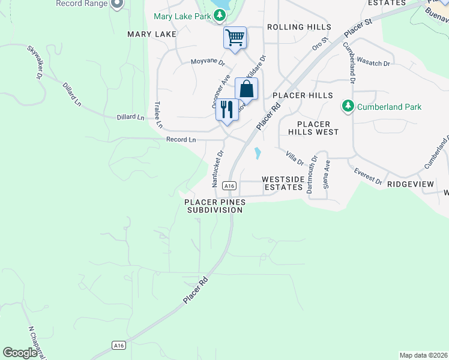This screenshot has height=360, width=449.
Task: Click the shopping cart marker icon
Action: pyautogui.click(x=235, y=38)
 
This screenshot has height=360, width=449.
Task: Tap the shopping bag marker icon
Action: pyautogui.click(x=246, y=89)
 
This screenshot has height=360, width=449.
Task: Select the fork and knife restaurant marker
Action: pyautogui.click(x=227, y=109)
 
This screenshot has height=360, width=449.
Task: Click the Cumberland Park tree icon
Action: pyautogui.click(x=347, y=107)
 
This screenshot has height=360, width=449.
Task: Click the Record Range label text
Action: pyautogui.click(x=81, y=4)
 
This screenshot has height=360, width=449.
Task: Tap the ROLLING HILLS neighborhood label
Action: pyautogui.click(x=299, y=27)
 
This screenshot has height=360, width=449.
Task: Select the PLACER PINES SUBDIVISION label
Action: pyautogui.click(x=215, y=206)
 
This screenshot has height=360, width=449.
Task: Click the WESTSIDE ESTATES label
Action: pyautogui.click(x=282, y=183)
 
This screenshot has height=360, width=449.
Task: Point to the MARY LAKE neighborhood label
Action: pyautogui.click(x=152, y=34)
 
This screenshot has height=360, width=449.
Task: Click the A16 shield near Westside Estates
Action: pyautogui.click(x=229, y=186)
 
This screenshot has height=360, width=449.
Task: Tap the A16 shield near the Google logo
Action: pyautogui.click(x=119, y=345)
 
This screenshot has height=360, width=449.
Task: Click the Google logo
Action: pyautogui.click(x=20, y=353)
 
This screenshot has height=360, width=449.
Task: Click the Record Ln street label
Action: pyautogui.click(x=181, y=140)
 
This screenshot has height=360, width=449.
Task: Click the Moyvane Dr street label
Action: pyautogui.click(x=208, y=62)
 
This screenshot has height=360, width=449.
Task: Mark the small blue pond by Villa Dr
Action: pyautogui.click(x=258, y=153)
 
